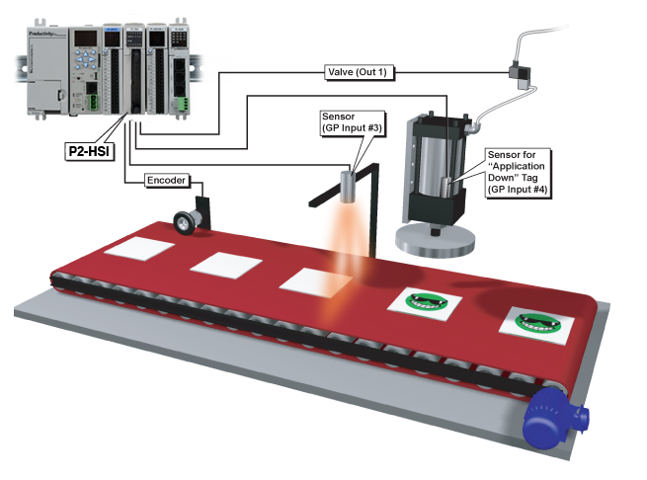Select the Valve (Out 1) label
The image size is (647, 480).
coord(363,71)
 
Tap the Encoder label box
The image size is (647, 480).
coord(166,180)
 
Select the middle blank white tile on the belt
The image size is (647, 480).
coord(224,265)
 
